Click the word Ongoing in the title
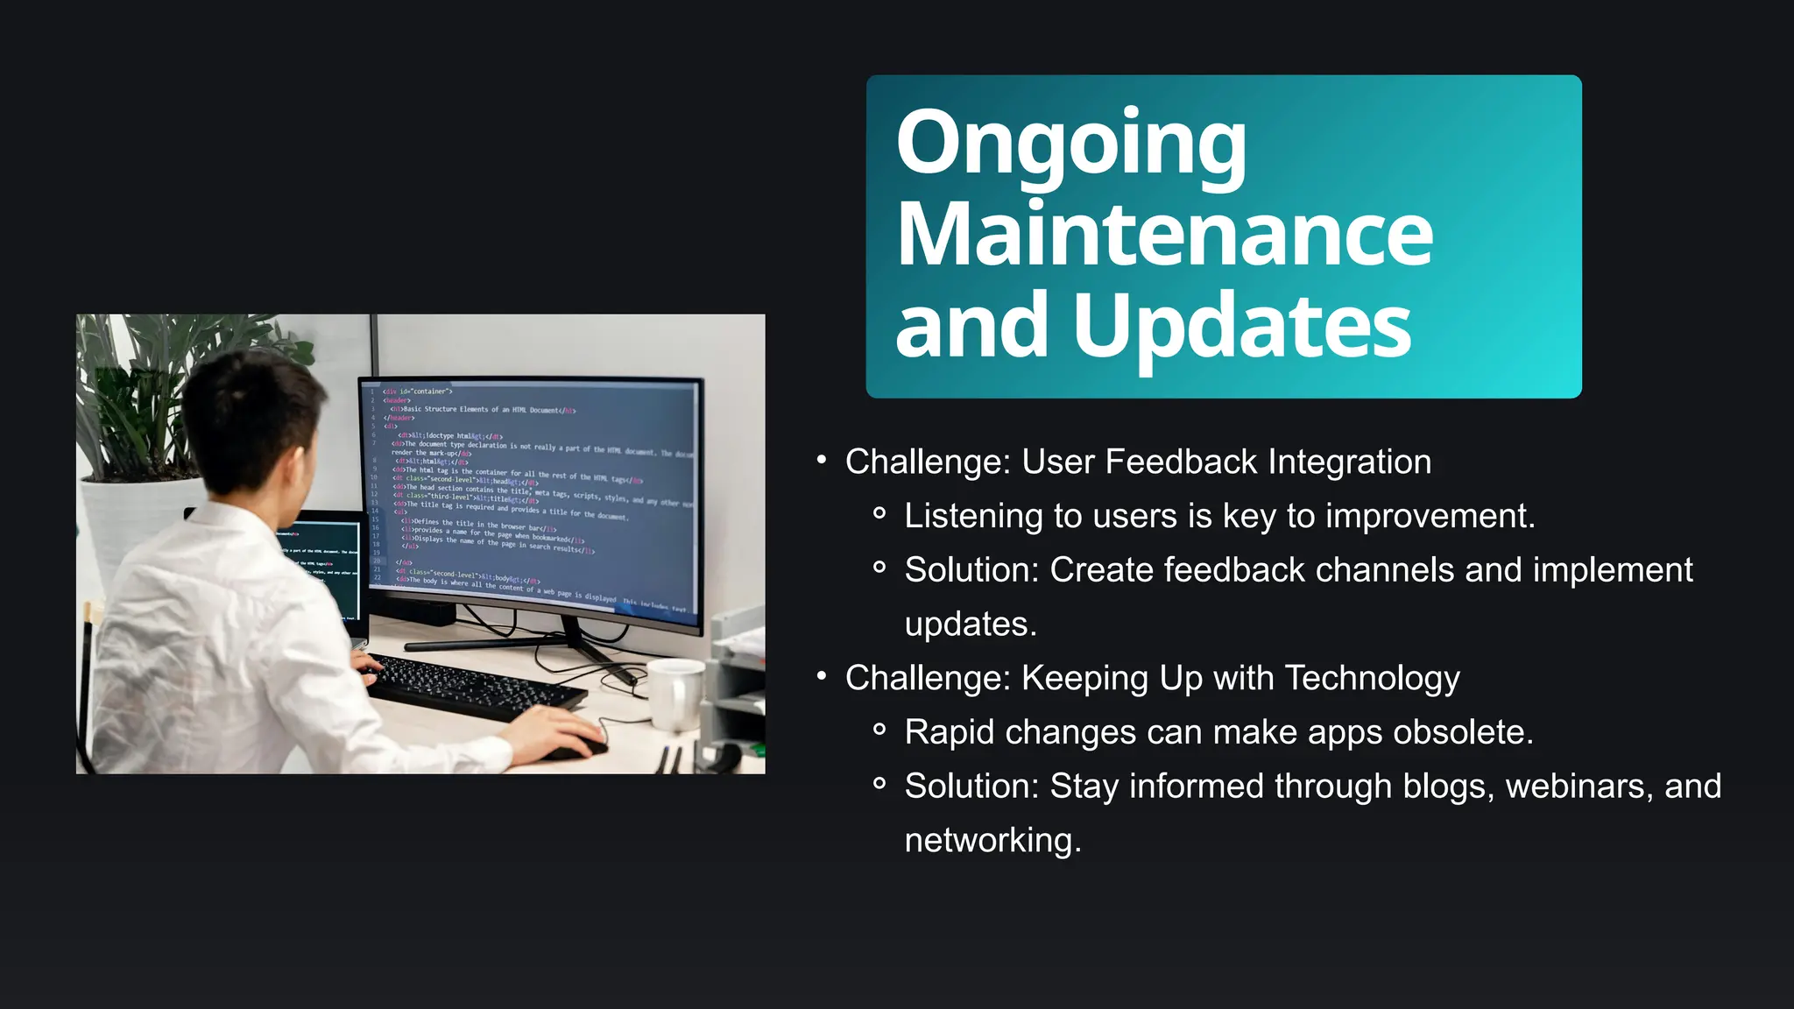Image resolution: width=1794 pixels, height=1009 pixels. (x=1070, y=145)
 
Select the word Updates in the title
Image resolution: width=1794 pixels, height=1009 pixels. (x=1241, y=327)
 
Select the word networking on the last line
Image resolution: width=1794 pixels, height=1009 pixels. (x=992, y=841)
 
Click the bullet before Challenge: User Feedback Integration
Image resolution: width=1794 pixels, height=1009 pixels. (x=821, y=460)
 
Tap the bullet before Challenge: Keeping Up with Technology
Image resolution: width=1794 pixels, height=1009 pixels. (x=821, y=676)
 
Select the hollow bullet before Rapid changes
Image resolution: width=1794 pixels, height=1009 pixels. (x=879, y=730)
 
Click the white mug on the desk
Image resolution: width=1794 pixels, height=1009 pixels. (x=675, y=694)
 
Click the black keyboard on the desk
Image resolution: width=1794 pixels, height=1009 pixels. (x=473, y=688)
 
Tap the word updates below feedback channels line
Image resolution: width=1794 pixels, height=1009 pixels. (x=970, y=624)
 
